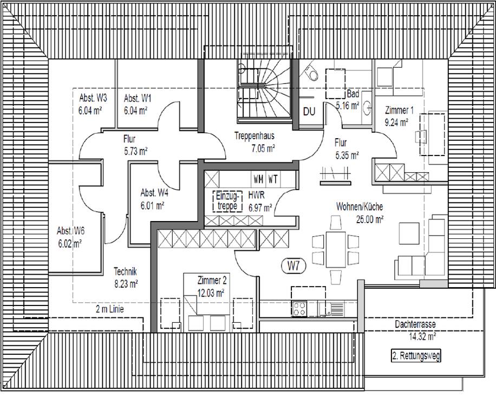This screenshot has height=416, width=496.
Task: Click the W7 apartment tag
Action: click(293, 266)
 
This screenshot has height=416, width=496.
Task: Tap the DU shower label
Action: click(309, 112)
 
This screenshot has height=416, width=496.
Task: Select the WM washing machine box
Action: click(258, 179)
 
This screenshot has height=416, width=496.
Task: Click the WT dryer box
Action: click(273, 179)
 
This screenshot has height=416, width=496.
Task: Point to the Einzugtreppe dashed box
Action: click(227, 201)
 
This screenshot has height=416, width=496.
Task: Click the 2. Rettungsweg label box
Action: click(416, 356)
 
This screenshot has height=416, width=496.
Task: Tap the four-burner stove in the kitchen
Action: click(299, 308)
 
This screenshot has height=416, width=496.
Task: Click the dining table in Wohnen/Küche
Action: click(336, 249)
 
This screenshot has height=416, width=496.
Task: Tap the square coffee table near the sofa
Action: click(409, 233)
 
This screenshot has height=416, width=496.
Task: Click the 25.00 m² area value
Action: click(370, 219)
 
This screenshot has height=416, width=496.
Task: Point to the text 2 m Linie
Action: click(110, 309)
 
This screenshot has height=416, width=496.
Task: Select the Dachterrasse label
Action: click(415, 324)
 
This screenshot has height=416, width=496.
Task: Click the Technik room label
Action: click(125, 271)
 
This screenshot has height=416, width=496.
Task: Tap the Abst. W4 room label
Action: click(154, 193)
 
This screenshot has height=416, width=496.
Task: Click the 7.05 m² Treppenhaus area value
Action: click(263, 148)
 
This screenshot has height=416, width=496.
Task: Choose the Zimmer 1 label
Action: click(399, 110)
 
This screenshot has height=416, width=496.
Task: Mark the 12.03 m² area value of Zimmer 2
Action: click(211, 293)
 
